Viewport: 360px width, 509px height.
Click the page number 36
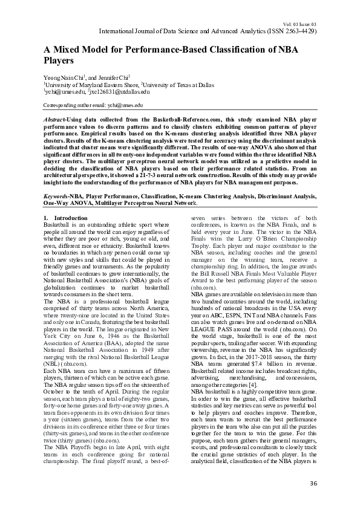click(313, 483)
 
